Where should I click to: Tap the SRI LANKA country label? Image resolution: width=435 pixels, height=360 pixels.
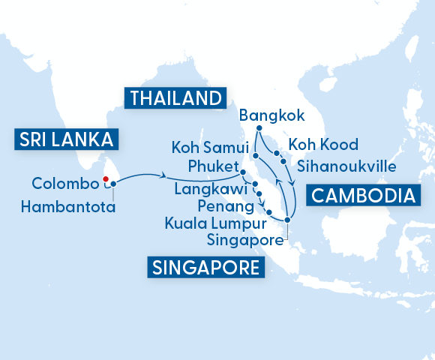click(63, 139)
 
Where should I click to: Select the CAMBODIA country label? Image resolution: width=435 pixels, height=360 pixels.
click(363, 196)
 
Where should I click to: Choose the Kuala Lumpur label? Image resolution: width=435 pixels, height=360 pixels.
click(216, 223)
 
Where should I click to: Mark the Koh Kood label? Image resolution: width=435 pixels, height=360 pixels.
click(323, 145)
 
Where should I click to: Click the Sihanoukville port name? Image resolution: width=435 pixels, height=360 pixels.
click(345, 164)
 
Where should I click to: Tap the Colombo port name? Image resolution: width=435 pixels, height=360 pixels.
click(65, 184)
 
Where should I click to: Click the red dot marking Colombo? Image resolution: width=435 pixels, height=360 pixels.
click(106, 178)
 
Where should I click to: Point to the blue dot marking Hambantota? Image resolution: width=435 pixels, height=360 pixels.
click(112, 184)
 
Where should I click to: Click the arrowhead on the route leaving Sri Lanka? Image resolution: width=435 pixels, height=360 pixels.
click(163, 176)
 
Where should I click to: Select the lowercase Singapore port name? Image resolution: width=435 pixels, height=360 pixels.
click(244, 241)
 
